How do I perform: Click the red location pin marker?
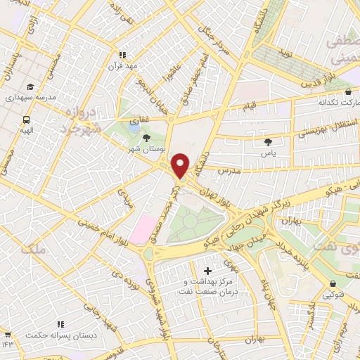[181, 165]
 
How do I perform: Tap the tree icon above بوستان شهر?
[146, 139]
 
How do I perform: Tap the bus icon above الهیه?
[26, 120]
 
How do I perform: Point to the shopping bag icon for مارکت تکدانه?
[349, 91]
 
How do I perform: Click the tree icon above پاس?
[268, 141]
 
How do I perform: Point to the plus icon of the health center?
[207, 271]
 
